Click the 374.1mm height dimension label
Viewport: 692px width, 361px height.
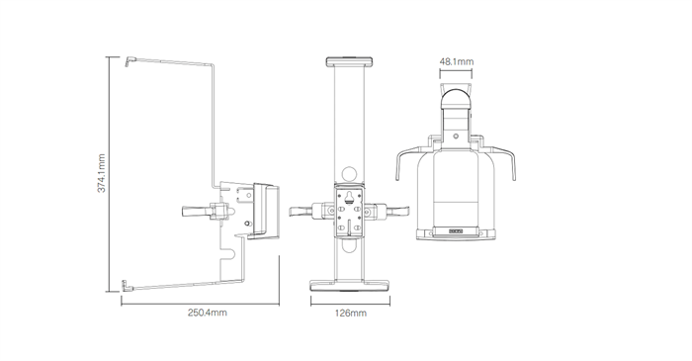coord(101,173)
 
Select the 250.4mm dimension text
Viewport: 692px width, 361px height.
coord(208,313)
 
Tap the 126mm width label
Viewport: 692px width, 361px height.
coord(351,314)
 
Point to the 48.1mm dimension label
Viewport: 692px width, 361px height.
coord(457,61)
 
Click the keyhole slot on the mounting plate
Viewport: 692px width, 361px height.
coord(349,197)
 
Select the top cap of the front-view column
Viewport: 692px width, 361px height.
coord(350,61)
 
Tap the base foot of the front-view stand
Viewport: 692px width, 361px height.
coord(350,286)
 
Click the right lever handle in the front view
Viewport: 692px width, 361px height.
coord(398,211)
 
